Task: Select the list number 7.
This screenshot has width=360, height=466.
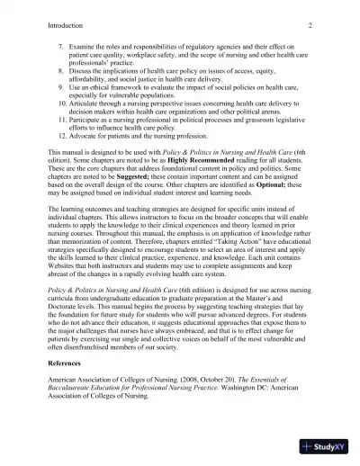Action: point(61,44)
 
